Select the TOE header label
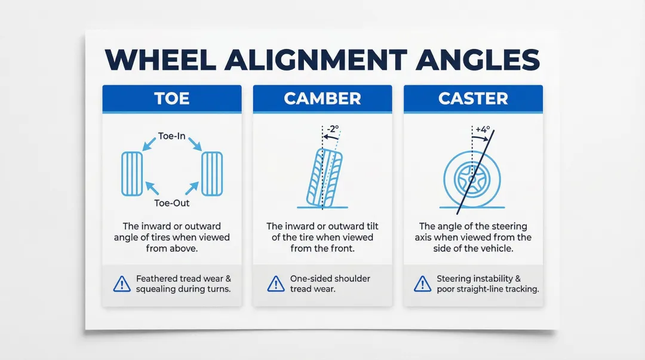[x=172, y=99]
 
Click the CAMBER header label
[x=322, y=99]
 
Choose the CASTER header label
[x=473, y=99]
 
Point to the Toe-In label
[x=172, y=136]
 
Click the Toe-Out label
[x=172, y=203]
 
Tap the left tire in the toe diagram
[x=132, y=174]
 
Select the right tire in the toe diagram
[x=212, y=174]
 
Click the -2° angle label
[x=333, y=128]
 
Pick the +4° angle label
[x=481, y=129]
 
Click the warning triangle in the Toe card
[x=122, y=284]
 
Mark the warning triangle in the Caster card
[x=422, y=284]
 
